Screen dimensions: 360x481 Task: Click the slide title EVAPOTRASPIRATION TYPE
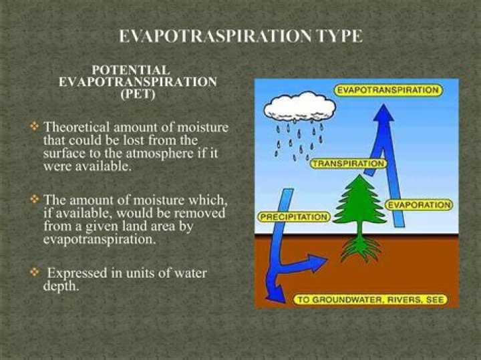[x=240, y=36]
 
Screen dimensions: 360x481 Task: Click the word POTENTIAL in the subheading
[x=131, y=70]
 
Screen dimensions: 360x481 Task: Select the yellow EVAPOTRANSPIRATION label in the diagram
[x=387, y=89]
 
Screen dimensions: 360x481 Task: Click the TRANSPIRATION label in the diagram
[x=348, y=163]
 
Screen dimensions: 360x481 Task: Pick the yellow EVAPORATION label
[x=419, y=204]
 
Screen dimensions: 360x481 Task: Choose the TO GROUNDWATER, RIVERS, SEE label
[x=370, y=299]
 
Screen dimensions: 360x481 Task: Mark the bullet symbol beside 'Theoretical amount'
[x=35, y=126]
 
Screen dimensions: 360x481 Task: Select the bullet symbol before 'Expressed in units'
[x=35, y=273]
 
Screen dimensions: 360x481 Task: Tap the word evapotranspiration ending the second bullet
[x=99, y=239]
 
